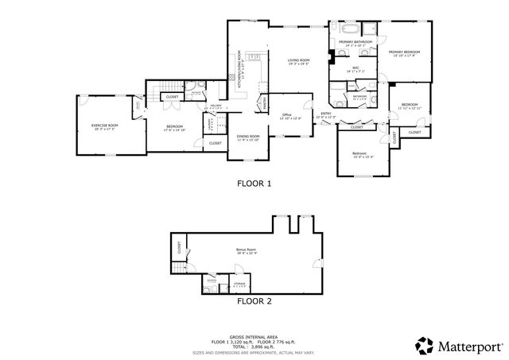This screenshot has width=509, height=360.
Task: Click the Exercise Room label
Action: pyautogui.click(x=104, y=125)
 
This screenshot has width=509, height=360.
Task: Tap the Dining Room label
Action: pyautogui.click(x=248, y=136)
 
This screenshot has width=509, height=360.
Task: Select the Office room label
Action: pyautogui.click(x=287, y=114)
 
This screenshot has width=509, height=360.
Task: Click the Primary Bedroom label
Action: pyautogui.click(x=404, y=52)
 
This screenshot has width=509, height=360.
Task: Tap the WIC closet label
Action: pyautogui.click(x=356, y=68)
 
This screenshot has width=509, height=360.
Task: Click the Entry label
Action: pyautogui.click(x=325, y=114)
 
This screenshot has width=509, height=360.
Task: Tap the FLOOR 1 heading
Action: pyautogui.click(x=254, y=184)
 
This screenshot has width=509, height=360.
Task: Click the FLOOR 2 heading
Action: pyautogui.click(x=254, y=302)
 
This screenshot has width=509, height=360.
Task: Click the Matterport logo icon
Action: pyautogui.click(x=423, y=345)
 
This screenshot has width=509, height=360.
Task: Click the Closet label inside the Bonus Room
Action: pyautogui.click(x=180, y=248)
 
